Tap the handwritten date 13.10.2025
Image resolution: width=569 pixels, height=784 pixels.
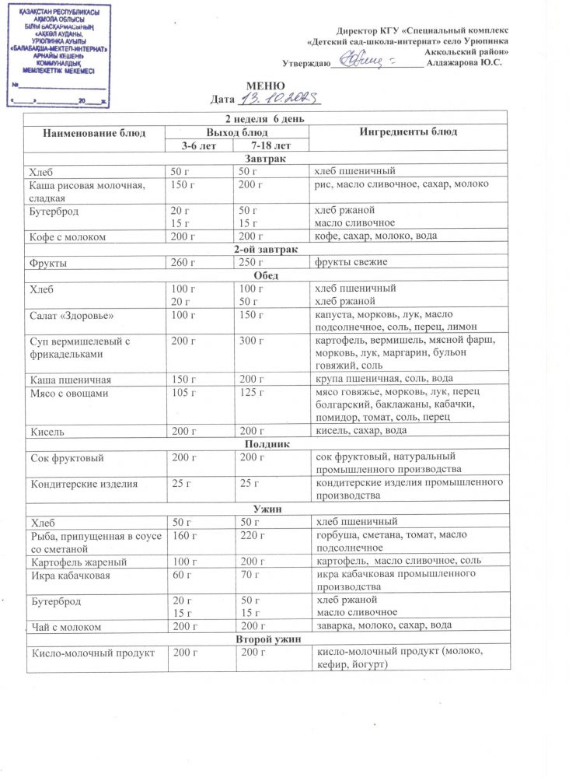click(276, 99)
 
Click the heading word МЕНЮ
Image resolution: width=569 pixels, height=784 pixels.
click(265, 86)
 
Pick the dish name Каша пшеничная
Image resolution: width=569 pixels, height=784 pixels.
click(70, 380)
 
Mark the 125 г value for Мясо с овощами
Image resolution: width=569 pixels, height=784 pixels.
click(252, 393)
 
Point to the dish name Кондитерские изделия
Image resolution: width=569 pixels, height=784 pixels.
click(84, 484)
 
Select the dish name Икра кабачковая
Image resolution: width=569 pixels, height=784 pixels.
click(71, 575)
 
